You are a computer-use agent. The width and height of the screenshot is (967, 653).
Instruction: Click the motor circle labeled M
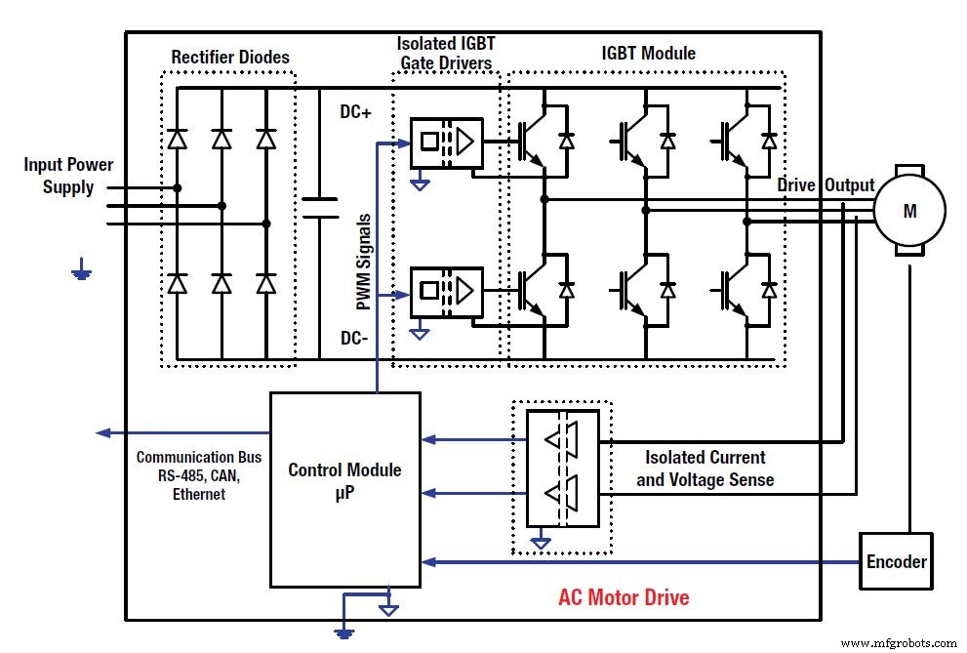(x=908, y=210)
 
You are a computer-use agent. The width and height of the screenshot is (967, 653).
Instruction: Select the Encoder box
(x=896, y=561)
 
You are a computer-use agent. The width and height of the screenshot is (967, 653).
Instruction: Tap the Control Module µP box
(x=344, y=489)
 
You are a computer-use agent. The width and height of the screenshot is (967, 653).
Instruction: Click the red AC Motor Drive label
(x=624, y=596)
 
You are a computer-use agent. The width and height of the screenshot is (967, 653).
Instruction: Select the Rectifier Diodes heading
(x=230, y=57)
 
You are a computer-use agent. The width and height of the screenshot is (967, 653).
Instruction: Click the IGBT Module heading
(x=648, y=53)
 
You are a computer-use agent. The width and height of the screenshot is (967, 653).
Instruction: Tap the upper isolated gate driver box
(x=445, y=142)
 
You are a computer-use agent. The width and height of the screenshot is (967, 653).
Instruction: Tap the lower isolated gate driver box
(x=445, y=289)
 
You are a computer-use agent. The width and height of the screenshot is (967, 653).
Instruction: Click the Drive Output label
(x=826, y=185)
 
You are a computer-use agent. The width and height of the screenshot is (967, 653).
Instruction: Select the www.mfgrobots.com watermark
(x=899, y=643)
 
